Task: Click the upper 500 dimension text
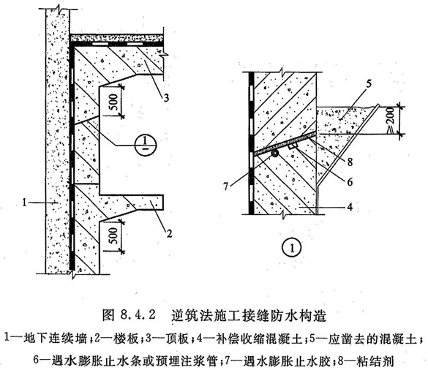coord(114,101)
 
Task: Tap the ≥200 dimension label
coord(391,119)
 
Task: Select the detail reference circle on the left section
coord(146,145)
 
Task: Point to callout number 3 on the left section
coord(166,97)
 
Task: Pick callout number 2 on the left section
coord(169,233)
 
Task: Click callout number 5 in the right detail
coord(369,84)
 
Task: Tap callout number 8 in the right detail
coord(350,162)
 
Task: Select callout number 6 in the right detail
coord(350,181)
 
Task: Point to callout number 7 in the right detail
coord(225,187)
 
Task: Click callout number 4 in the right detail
coord(350,206)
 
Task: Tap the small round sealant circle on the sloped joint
coord(275,154)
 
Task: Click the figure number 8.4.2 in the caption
coord(138,315)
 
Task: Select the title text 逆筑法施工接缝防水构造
coord(249,315)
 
